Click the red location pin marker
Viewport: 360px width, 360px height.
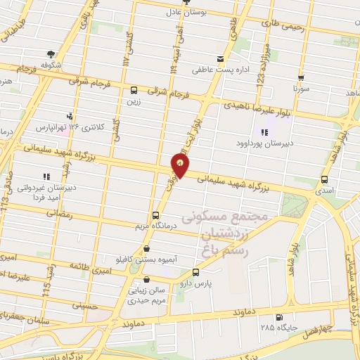tap(180, 165)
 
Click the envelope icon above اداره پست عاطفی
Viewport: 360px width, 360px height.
tap(221, 59)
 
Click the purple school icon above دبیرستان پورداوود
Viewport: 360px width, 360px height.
tap(265, 131)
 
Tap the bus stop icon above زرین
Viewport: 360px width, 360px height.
tap(134, 90)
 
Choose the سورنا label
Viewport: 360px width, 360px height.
tap(301, 91)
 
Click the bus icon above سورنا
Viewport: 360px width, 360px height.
tap(301, 79)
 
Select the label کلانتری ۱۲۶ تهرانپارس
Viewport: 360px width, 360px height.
tap(68, 127)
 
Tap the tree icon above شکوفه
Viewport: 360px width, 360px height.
tap(51, 53)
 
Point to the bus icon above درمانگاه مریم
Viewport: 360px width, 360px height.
tap(155, 215)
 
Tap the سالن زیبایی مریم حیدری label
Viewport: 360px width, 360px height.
tap(146, 295)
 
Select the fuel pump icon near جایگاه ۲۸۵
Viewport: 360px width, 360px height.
tap(281, 317)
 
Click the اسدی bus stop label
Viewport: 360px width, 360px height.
tap(324, 191)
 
